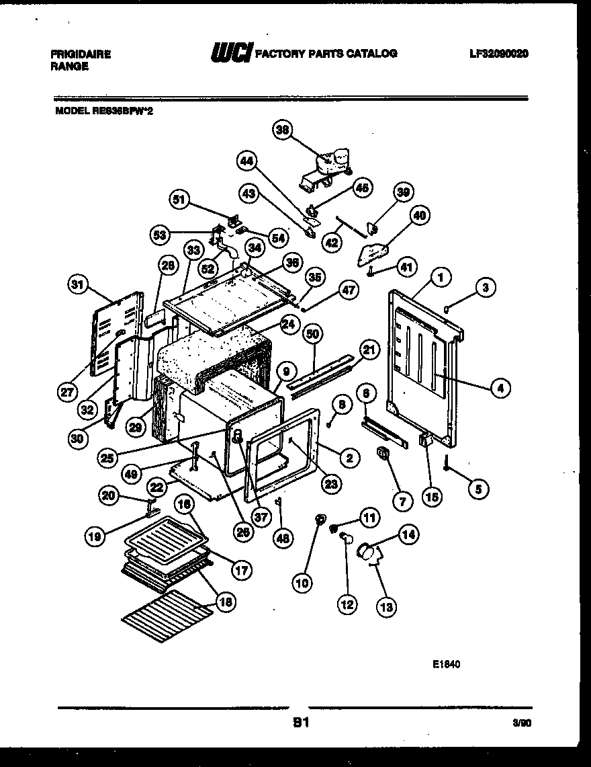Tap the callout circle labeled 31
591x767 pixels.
[79, 286]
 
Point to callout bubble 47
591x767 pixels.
[347, 291]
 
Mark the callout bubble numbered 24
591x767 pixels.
[288, 324]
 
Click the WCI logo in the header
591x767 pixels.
[231, 52]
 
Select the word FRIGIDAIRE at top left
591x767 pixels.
[80, 54]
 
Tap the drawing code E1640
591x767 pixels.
[446, 664]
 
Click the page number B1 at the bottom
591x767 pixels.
[300, 723]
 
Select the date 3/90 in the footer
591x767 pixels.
[520, 725]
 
